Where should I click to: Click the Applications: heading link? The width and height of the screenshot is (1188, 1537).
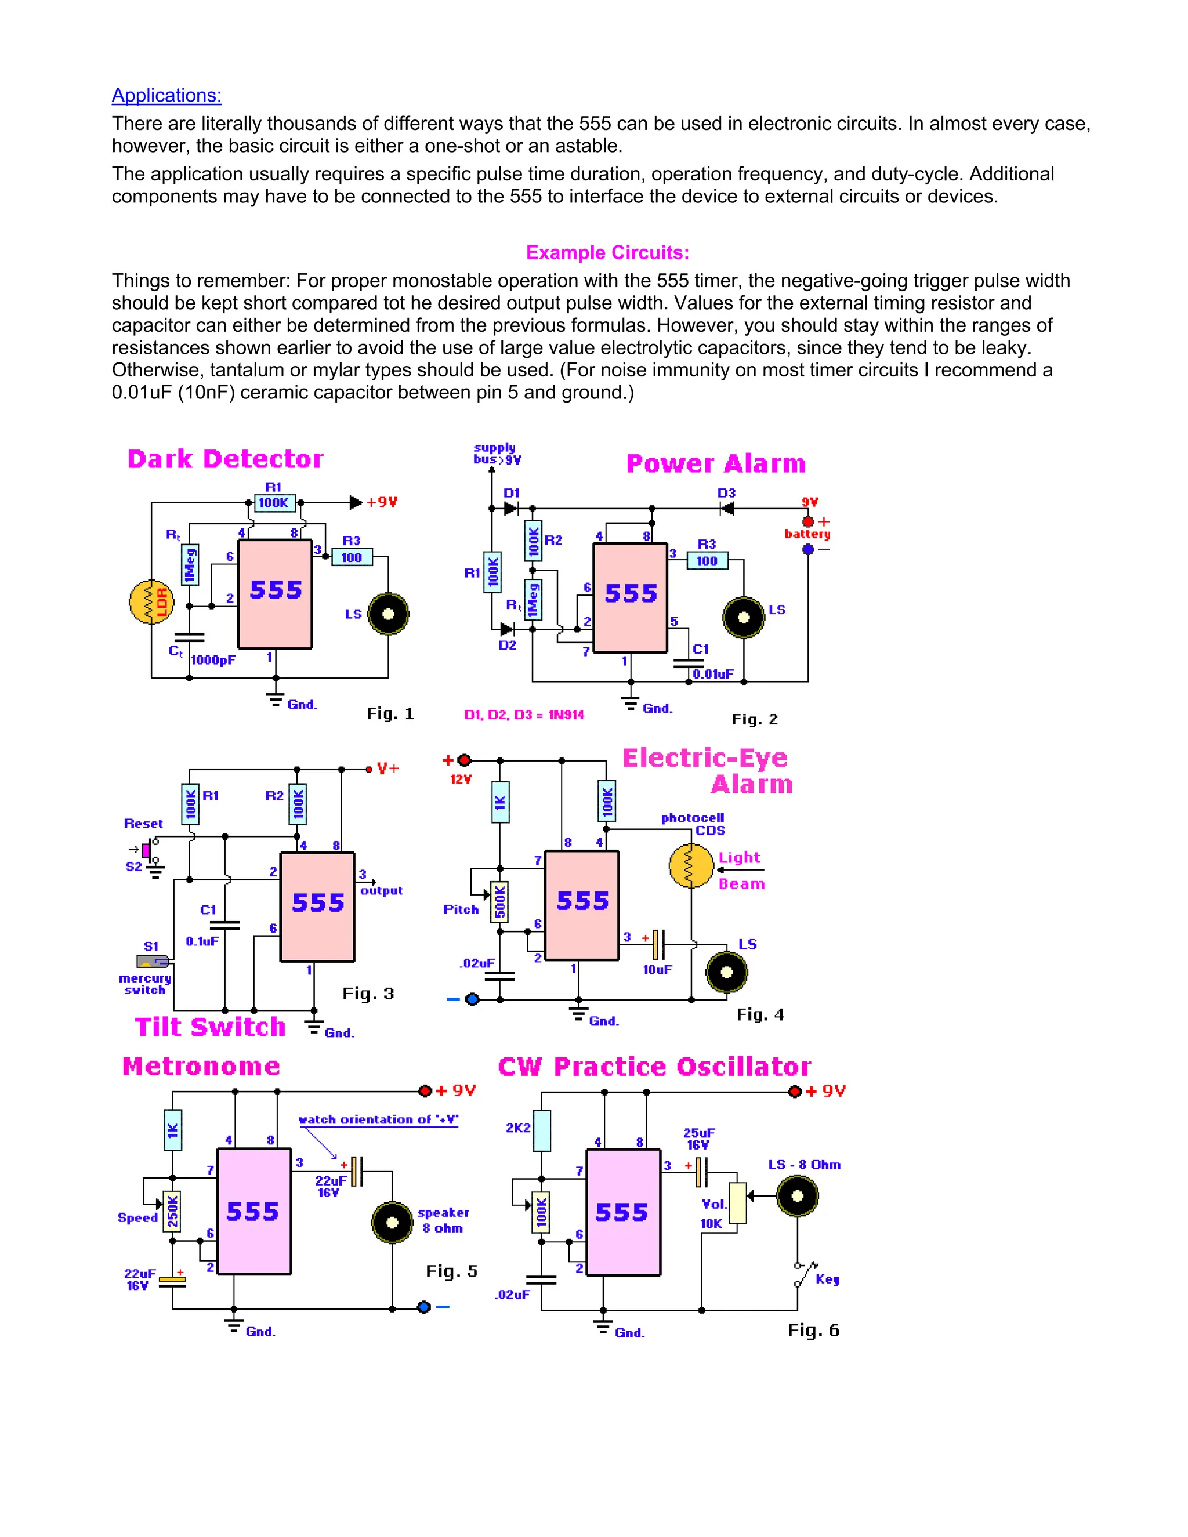coord(167,95)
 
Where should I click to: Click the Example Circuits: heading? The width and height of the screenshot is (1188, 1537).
coord(607,253)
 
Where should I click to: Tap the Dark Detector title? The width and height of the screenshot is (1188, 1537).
coord(225,459)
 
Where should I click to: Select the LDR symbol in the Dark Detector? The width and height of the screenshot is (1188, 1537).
coord(151,601)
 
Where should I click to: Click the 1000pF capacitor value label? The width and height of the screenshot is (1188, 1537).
coord(213,659)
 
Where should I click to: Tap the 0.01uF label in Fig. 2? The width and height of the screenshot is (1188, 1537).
coord(713,673)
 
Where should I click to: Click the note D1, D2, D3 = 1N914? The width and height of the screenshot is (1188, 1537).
coord(524,715)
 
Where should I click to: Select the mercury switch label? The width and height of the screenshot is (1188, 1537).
coord(145,984)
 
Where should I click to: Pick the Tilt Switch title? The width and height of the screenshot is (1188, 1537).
coord(210,1027)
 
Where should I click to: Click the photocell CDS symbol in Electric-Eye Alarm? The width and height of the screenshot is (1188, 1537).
coord(691,865)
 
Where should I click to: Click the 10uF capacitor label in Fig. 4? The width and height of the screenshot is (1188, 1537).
coord(657,969)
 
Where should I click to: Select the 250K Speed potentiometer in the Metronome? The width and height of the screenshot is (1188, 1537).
coord(172,1210)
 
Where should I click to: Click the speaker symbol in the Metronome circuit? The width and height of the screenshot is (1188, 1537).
coord(392,1223)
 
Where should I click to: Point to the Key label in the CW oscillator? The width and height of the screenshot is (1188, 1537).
coord(827,1279)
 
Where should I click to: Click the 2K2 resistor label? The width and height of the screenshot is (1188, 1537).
coord(517,1128)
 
